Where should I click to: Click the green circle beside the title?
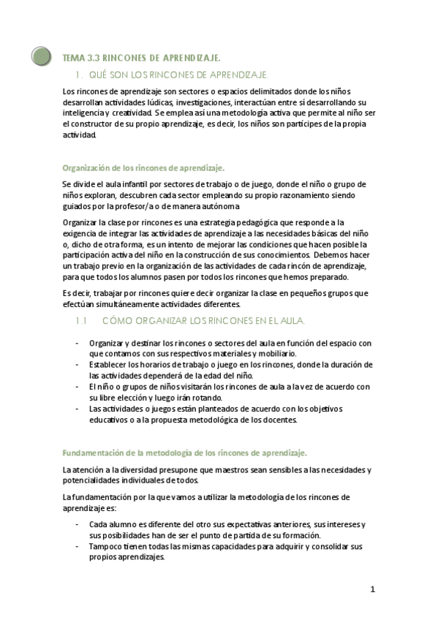point(42,56)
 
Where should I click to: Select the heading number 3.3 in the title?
point(94,58)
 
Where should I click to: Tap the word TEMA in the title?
point(74,58)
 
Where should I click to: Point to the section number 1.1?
point(82,321)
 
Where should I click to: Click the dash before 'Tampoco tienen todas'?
point(78,545)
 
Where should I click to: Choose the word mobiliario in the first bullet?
point(276,352)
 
